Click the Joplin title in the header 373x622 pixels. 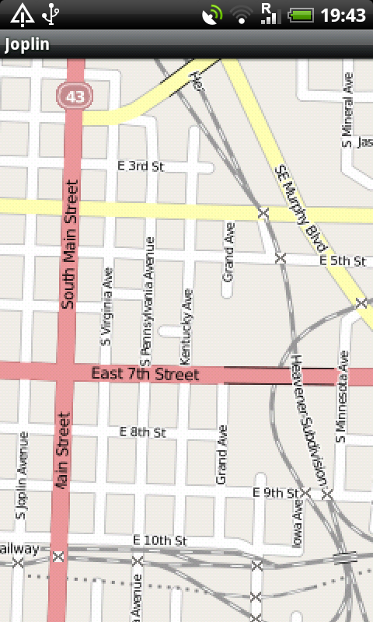click(27, 44)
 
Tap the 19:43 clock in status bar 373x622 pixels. click(343, 15)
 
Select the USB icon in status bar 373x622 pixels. click(51, 14)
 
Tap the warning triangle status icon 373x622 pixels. click(21, 14)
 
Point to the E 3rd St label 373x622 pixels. click(141, 166)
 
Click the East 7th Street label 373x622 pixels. click(145, 374)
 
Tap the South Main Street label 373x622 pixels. click(71, 244)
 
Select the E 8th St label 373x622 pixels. click(143, 432)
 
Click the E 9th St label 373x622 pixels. click(277, 492)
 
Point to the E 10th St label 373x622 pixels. click(160, 540)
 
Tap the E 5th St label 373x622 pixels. click(343, 262)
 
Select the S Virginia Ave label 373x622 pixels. click(106, 306)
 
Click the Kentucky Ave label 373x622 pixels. click(185, 327)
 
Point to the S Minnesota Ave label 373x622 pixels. click(340, 397)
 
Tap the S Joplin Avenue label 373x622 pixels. click(22, 476)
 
